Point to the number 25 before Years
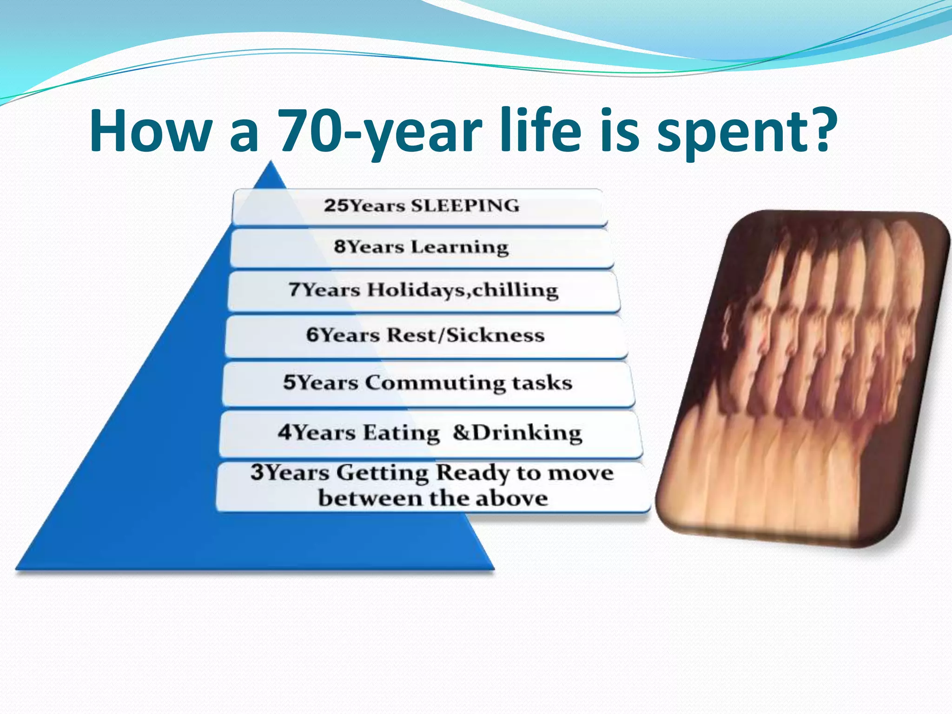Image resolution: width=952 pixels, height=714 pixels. click(x=335, y=206)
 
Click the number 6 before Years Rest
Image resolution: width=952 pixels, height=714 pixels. click(x=312, y=335)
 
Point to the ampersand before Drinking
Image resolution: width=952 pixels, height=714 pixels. click(x=462, y=432)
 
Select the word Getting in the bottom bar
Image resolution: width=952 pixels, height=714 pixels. click(x=382, y=473)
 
